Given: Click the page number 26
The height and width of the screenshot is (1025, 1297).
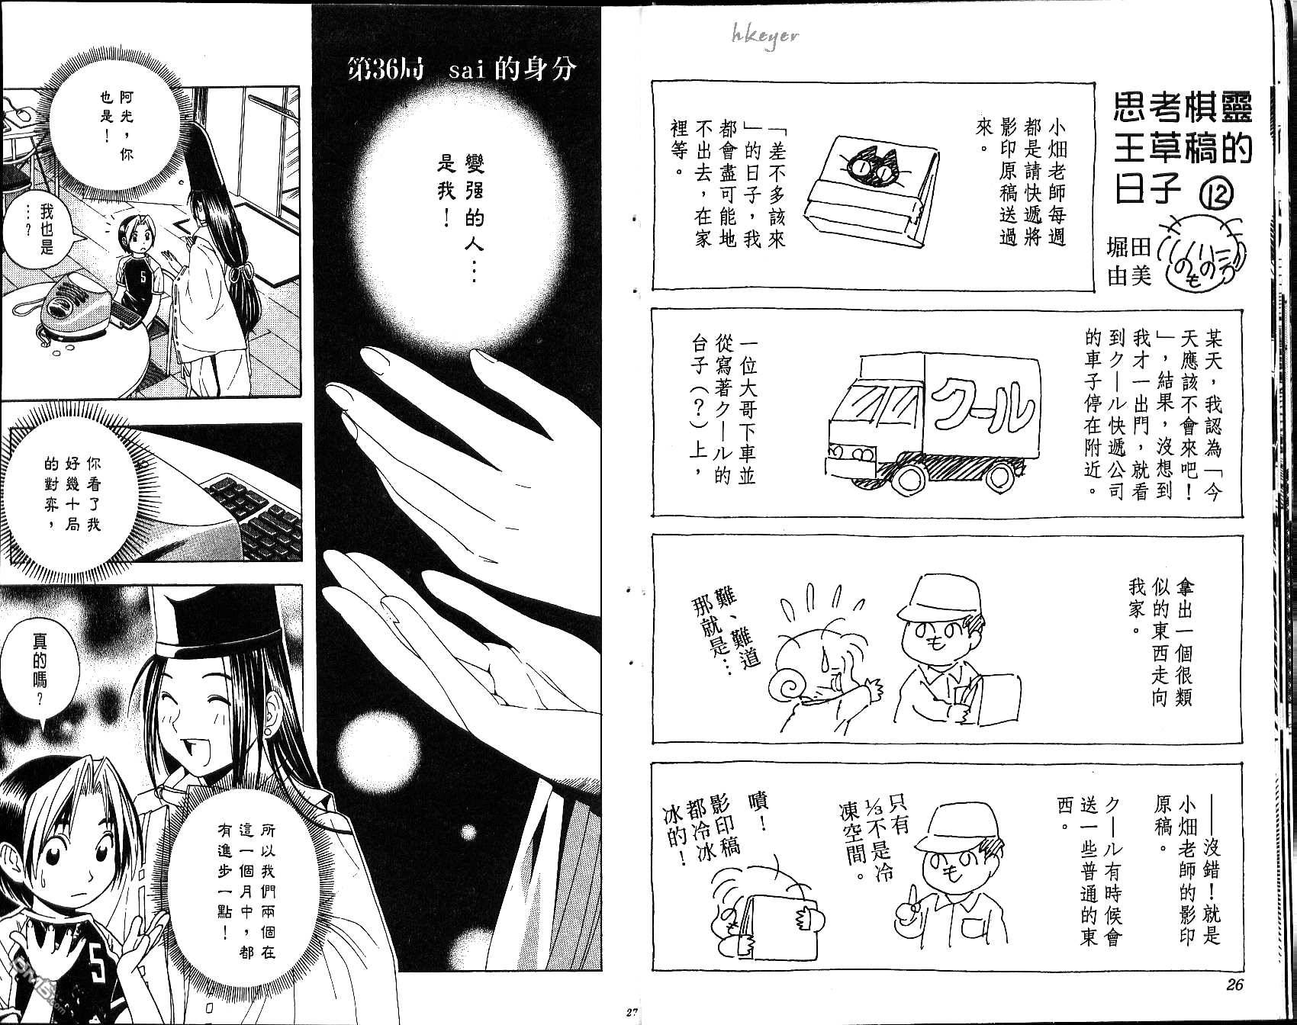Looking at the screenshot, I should point(1234,985).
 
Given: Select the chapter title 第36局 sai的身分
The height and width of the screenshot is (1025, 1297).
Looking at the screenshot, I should point(462,69).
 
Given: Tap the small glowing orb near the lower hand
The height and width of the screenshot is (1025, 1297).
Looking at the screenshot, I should point(360,747).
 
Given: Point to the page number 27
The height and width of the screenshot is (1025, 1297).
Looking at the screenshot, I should point(629,1013).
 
